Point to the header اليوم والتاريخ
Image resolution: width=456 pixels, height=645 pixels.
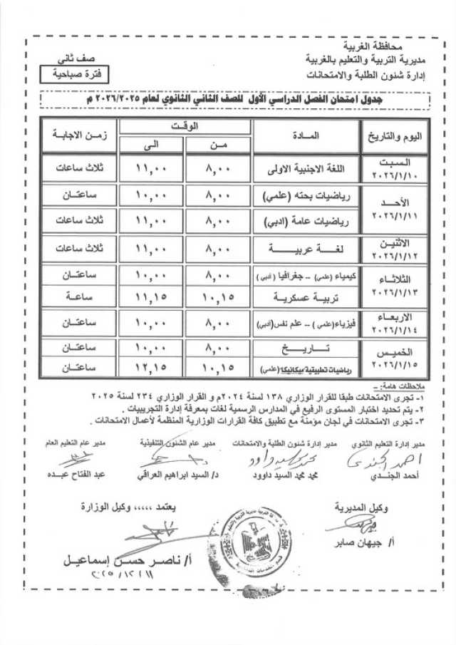(392, 135)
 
